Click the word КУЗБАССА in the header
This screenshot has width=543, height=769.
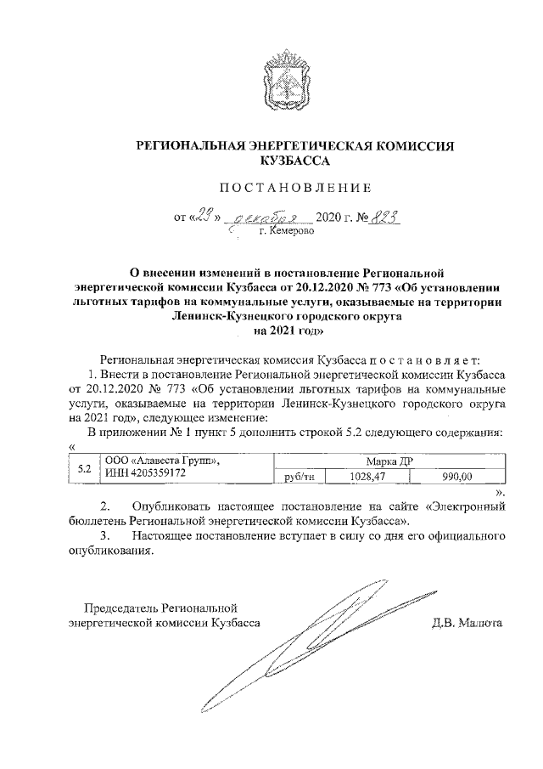296,159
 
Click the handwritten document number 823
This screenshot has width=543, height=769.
385,216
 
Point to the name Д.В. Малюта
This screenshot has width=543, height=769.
467,622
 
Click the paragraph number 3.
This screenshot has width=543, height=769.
104,536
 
